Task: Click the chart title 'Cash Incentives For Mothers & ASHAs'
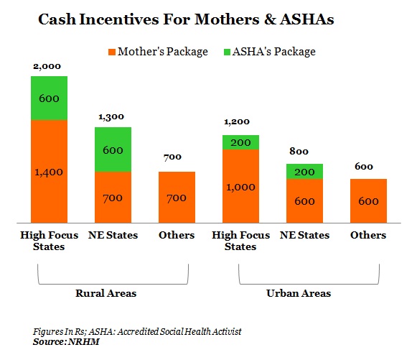(186, 19)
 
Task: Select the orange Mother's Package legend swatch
(112, 52)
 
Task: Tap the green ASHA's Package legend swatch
(227, 52)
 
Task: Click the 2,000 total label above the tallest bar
(47, 66)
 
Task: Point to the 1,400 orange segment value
(49, 172)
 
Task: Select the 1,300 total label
(111, 117)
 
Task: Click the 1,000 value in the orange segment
(240, 188)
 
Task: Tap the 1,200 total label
(237, 122)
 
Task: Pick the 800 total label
(299, 152)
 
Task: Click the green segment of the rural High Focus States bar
(50, 98)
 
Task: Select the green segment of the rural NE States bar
(113, 149)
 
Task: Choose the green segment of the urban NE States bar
(305, 172)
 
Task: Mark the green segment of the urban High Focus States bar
(240, 142)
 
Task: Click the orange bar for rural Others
(177, 198)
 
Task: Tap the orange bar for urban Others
(368, 201)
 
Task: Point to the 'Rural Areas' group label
(106, 293)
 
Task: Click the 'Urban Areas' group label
(299, 293)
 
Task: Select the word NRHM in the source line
(84, 341)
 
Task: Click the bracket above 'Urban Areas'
(309, 284)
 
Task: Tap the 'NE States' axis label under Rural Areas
(113, 236)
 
